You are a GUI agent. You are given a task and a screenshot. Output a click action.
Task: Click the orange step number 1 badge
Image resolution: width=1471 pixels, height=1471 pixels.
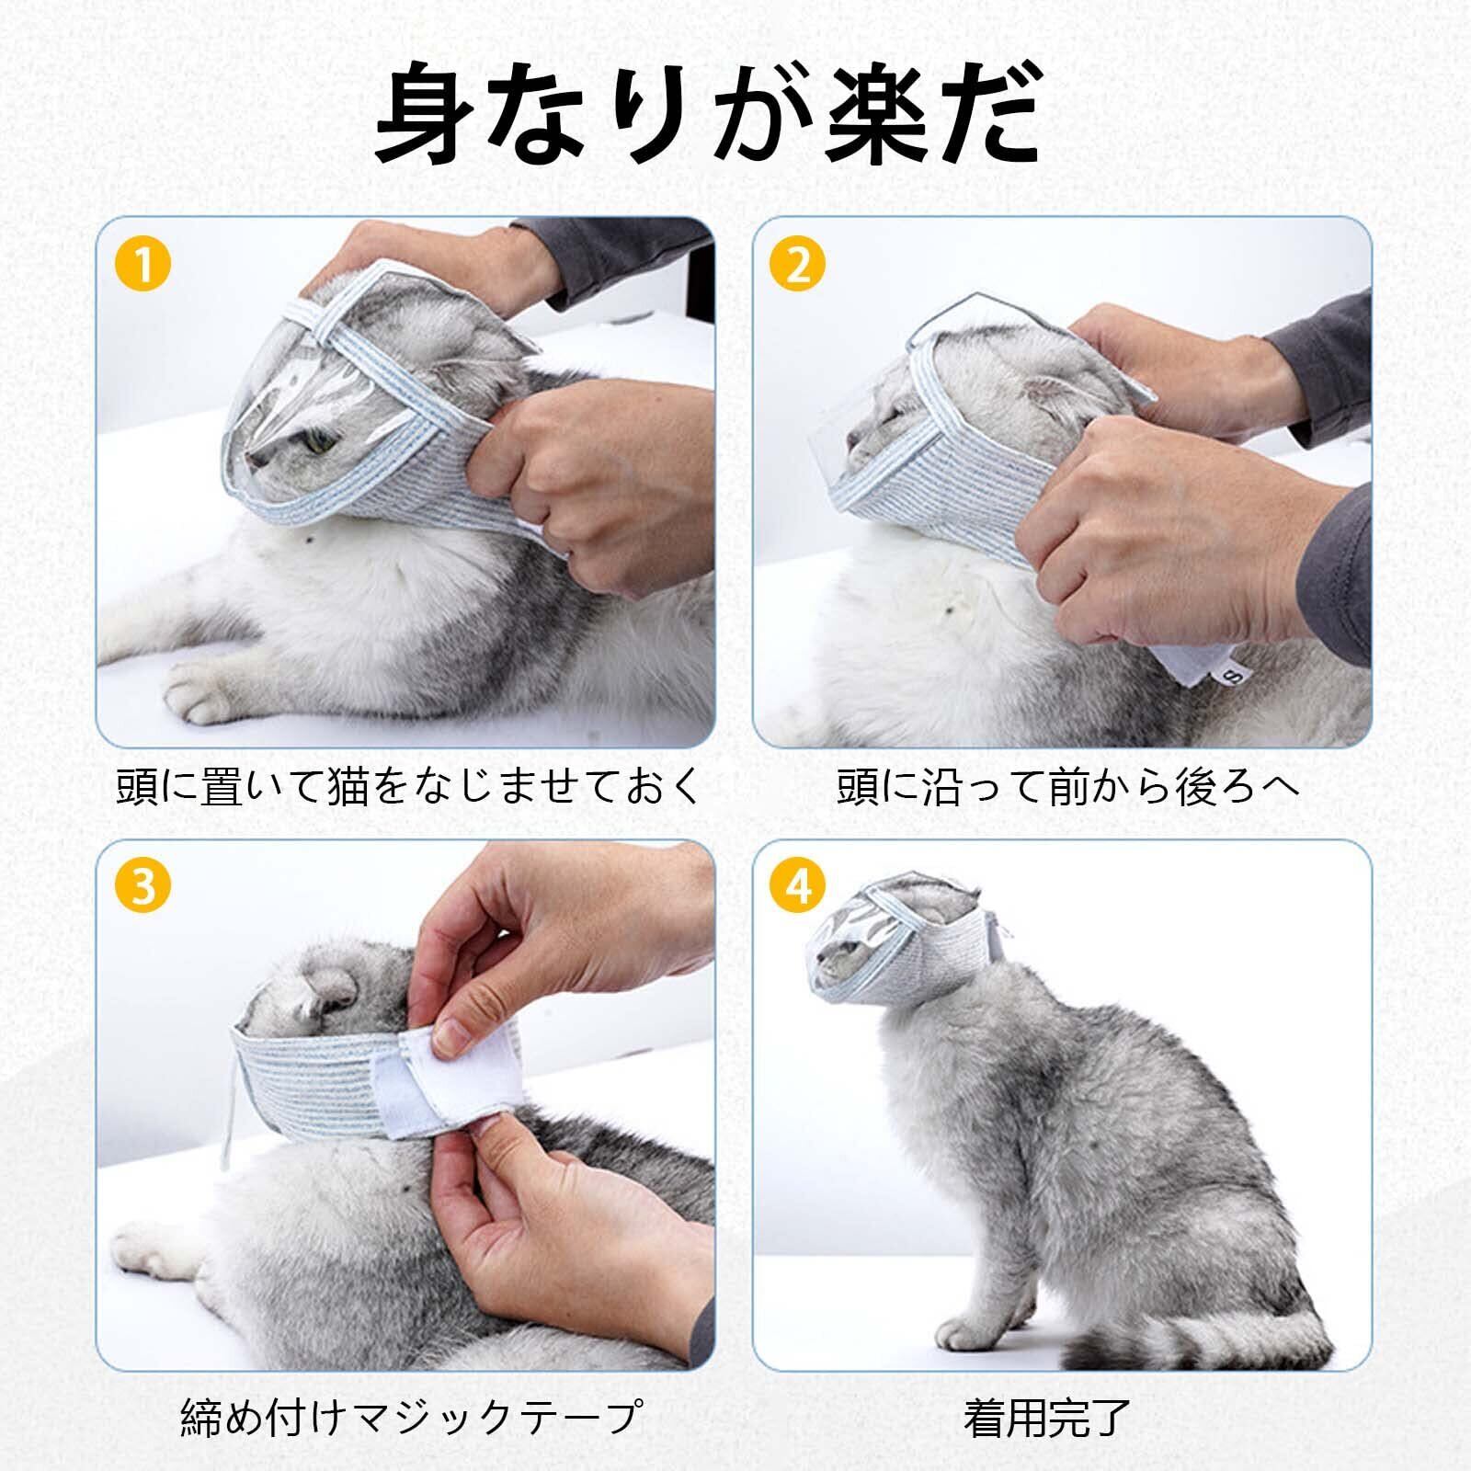(143, 265)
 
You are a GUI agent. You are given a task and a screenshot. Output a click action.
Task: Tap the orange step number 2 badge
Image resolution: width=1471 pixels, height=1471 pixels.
(799, 265)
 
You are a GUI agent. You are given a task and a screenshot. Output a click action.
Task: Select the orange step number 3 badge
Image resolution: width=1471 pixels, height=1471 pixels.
(143, 887)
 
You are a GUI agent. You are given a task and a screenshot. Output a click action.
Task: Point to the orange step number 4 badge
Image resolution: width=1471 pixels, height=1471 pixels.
(799, 887)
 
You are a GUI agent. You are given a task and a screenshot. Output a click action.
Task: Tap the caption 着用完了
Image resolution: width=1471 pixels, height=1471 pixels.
(1047, 1418)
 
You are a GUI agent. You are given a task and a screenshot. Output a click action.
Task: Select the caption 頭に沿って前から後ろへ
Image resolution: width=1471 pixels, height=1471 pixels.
(1069, 787)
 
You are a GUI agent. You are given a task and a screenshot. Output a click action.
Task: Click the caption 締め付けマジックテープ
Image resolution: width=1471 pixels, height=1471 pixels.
(408, 1418)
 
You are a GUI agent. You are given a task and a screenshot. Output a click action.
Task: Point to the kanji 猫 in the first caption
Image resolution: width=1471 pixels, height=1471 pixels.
(348, 787)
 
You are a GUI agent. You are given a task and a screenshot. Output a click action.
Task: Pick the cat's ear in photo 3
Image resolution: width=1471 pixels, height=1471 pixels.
(327, 994)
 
